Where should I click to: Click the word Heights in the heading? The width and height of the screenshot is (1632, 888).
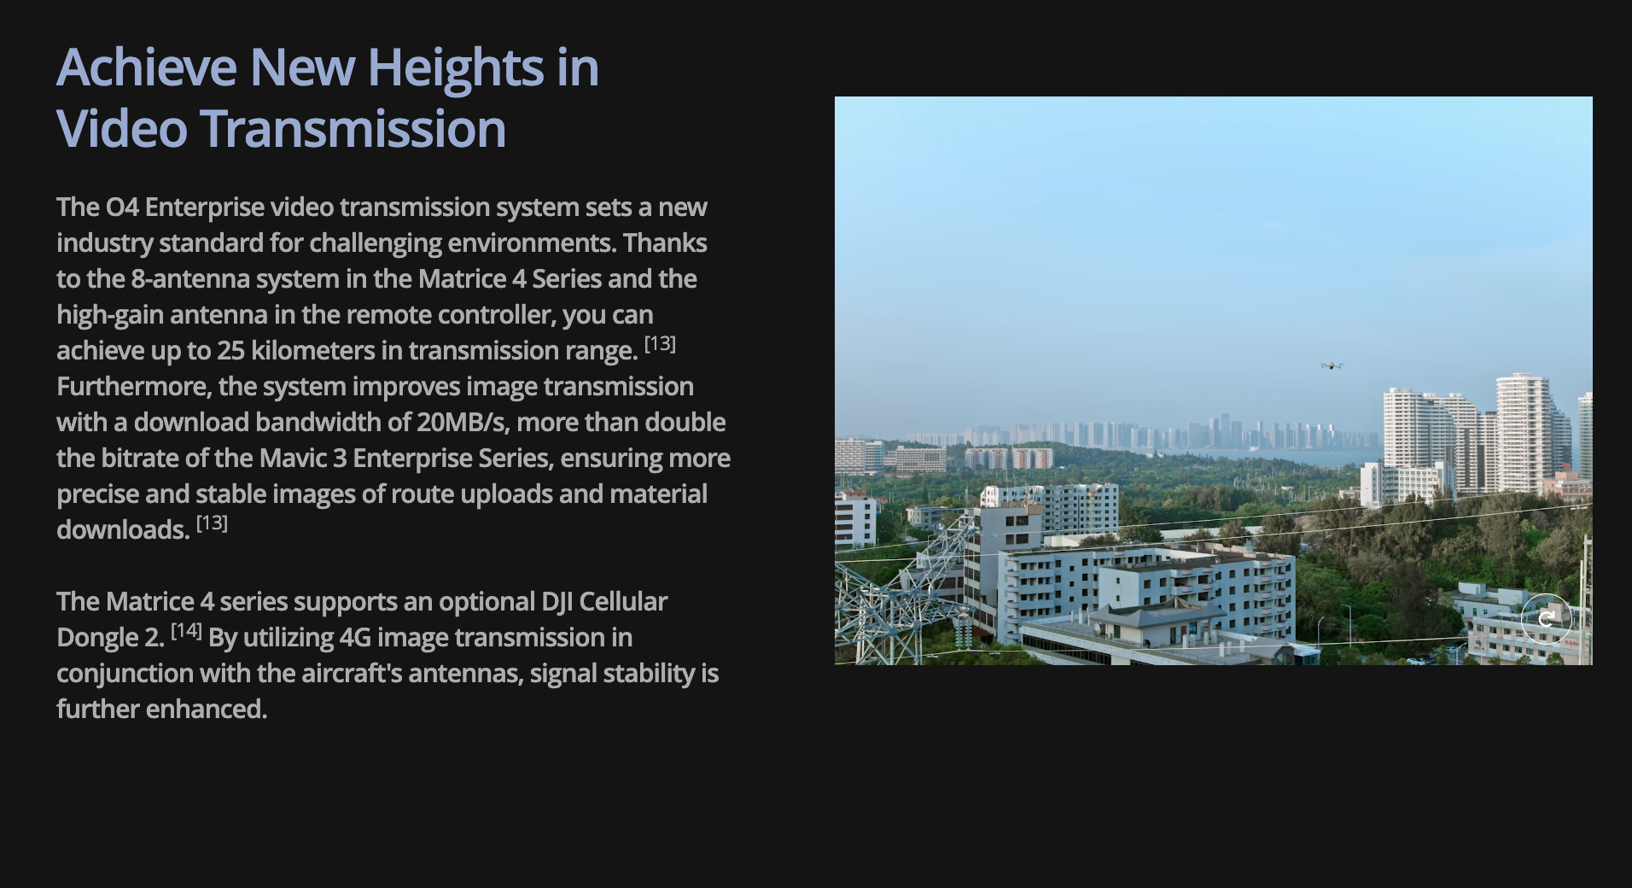pos(456,69)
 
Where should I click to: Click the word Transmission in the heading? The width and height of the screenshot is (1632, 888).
pos(353,129)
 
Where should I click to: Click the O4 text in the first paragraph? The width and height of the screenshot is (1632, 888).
pos(122,207)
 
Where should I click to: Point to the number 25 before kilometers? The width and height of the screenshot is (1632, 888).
pos(230,351)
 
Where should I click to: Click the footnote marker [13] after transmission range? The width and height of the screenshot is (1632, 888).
pos(660,344)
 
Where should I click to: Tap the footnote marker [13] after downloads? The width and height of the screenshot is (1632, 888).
pos(212,523)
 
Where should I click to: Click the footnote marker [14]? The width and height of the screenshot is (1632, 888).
pos(186,631)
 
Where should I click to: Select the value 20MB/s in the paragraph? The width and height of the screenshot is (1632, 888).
pos(463,423)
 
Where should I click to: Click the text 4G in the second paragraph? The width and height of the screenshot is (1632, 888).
pos(355,638)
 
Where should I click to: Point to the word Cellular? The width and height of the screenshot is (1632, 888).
pos(623,602)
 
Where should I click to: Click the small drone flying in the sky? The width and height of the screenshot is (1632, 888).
pos(1332,365)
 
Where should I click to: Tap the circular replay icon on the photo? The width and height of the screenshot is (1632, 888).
pos(1546,618)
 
